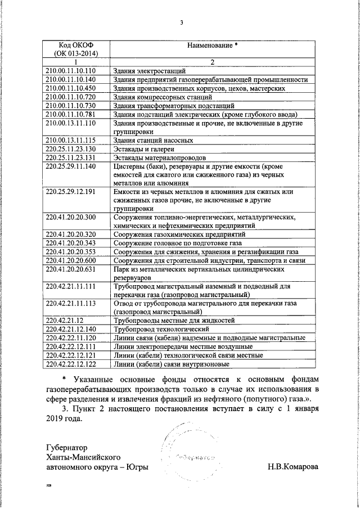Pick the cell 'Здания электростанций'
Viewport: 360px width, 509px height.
(x=149, y=71)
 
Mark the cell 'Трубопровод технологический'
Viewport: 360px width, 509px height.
(x=161, y=329)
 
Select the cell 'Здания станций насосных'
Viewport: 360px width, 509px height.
(x=153, y=140)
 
